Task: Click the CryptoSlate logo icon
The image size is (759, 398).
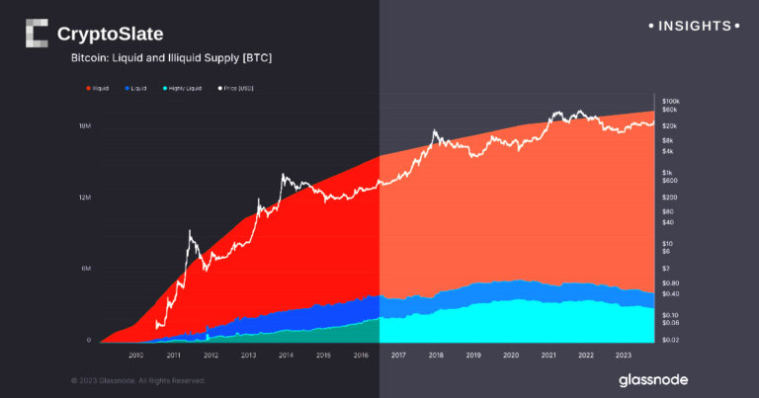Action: coord(36,34)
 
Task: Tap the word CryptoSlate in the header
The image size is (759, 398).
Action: coord(111,35)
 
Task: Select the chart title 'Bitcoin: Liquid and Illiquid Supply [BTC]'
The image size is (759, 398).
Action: coord(171,59)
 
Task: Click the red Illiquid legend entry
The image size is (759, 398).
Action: coord(98,89)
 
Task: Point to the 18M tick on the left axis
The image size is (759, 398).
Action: coord(85,126)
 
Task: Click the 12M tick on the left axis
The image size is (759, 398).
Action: coord(85,198)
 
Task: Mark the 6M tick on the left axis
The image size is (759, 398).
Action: coord(86,269)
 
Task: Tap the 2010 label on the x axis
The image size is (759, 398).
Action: coord(135,355)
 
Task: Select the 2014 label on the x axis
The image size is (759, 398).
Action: coord(286,355)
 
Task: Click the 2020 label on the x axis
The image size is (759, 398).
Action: coord(510,355)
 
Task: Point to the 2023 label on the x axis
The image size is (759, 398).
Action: coord(623,355)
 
